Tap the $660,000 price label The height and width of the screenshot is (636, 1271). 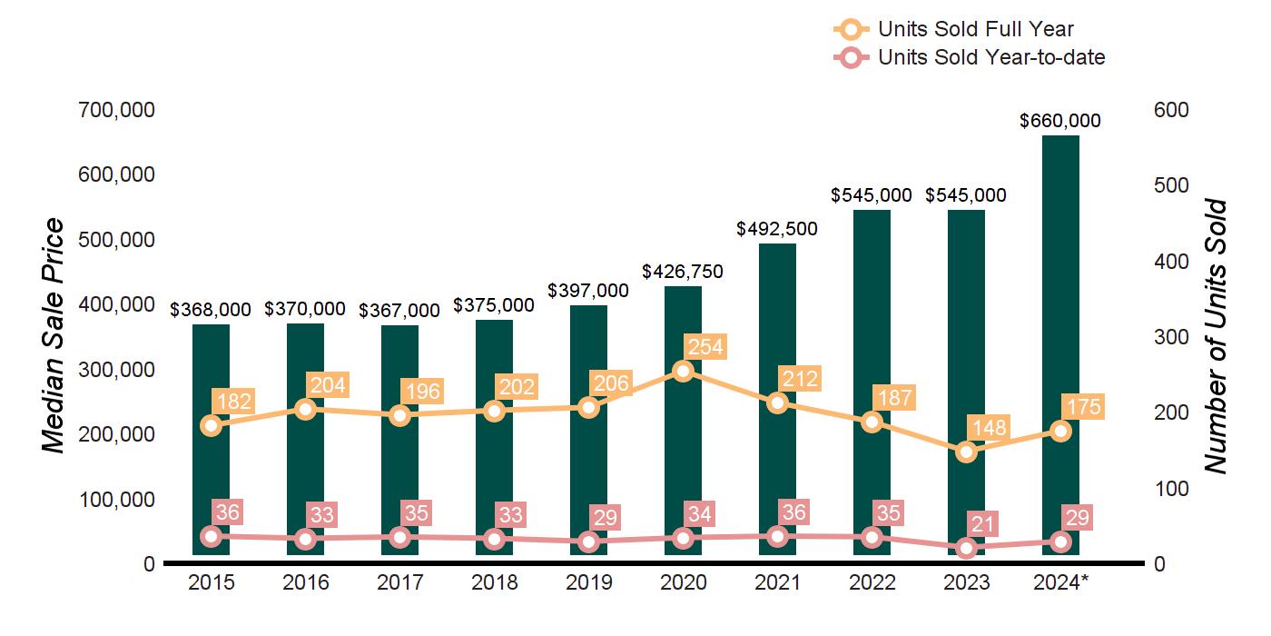tap(1060, 121)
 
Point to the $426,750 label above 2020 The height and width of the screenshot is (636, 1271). tap(683, 272)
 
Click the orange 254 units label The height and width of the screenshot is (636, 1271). tap(706, 347)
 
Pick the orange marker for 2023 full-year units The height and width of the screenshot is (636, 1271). tap(966, 452)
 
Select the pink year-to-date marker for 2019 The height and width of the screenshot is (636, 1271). tap(588, 542)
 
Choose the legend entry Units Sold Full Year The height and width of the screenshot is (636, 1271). tap(976, 29)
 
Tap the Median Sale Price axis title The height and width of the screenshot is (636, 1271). tap(54, 336)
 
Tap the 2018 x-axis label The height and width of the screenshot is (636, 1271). tap(494, 582)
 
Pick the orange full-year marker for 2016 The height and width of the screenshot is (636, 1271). tap(305, 409)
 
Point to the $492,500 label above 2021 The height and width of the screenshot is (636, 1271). tap(777, 229)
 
